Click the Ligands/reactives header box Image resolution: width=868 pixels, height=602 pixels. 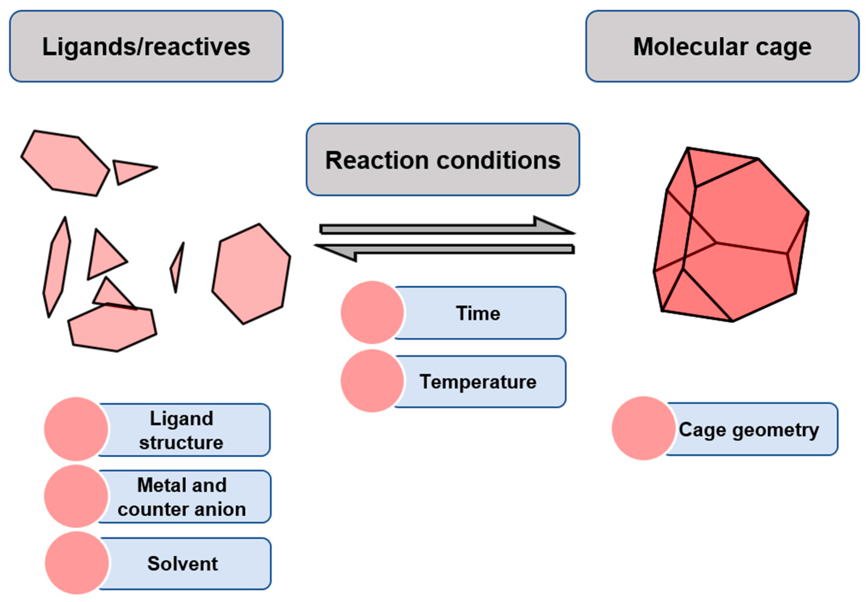pyautogui.click(x=146, y=46)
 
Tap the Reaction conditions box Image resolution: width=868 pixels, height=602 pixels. pyautogui.click(x=443, y=160)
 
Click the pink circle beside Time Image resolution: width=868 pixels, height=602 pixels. pyautogui.click(x=372, y=312)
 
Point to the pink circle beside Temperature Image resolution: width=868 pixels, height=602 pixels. pyautogui.click(x=372, y=381)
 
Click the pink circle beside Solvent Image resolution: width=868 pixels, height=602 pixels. pyautogui.click(x=77, y=563)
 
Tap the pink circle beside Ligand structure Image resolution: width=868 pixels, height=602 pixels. pyautogui.click(x=76, y=429)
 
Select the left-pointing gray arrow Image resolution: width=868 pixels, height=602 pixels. pyautogui.click(x=444, y=250)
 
